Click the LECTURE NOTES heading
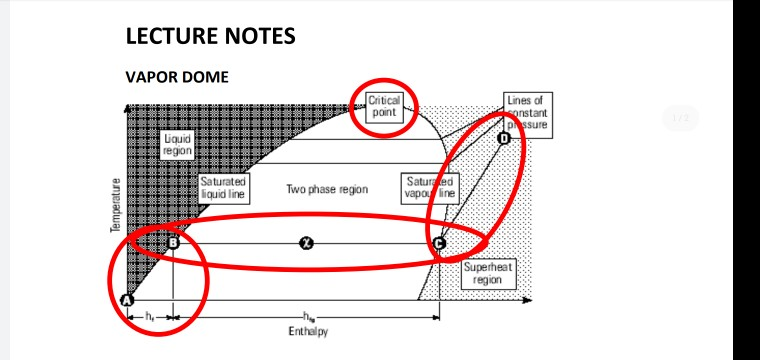pyautogui.click(x=210, y=37)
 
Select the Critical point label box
pyautogui.click(x=384, y=107)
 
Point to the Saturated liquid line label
pyautogui.click(x=223, y=188)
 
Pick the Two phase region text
pyautogui.click(x=327, y=189)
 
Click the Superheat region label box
pyautogui.click(x=488, y=273)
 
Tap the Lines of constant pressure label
pyautogui.click(x=526, y=113)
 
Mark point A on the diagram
pyautogui.click(x=127, y=300)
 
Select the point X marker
pyautogui.click(x=307, y=243)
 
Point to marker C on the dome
pyautogui.click(x=439, y=243)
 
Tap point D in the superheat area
pyautogui.click(x=503, y=138)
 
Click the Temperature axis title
pyautogui.click(x=116, y=206)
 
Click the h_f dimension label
pyautogui.click(x=149, y=316)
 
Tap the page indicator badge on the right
pyautogui.click(x=681, y=119)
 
